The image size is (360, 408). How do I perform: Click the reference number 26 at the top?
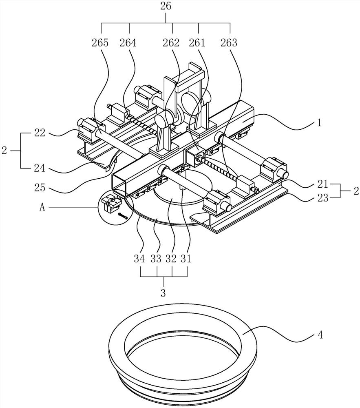pos(166,7)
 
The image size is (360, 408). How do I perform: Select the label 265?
pos(100,42)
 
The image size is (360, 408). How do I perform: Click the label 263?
pos(228,42)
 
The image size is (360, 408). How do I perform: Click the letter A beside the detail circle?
pos(42,207)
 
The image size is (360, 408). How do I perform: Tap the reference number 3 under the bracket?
pos(163,293)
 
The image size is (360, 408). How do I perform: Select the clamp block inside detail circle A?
pos(110,203)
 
